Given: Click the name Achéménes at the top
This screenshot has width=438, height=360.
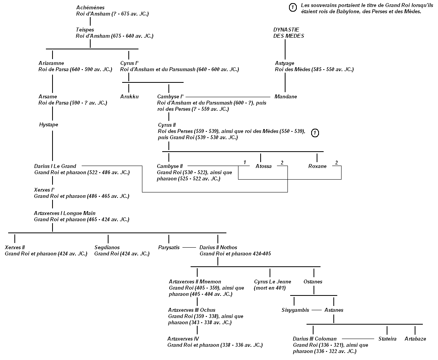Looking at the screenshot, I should click(x=90, y=8).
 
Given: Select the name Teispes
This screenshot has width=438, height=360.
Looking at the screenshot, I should click(x=85, y=30).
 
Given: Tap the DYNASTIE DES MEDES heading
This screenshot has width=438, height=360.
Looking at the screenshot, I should click(x=289, y=33).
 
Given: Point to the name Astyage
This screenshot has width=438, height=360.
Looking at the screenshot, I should click(x=284, y=63).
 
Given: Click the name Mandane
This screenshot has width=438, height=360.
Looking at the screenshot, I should click(x=286, y=96).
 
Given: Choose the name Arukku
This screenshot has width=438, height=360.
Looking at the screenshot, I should click(x=129, y=96).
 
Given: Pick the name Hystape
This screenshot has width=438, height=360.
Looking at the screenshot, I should click(x=49, y=125).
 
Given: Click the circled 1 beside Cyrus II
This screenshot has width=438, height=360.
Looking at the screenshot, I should click(x=315, y=133).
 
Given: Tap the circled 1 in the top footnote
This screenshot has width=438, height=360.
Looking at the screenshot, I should click(x=293, y=7).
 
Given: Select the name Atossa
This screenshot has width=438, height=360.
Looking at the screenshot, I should click(x=263, y=166).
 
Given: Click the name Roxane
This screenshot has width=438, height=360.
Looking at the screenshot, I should click(x=317, y=166).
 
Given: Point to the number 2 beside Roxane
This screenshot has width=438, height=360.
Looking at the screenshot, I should click(x=336, y=162).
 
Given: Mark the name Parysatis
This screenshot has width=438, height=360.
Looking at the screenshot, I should click(x=169, y=247).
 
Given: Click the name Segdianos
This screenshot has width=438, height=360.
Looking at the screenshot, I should click(x=107, y=247).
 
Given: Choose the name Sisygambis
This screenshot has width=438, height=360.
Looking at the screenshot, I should click(x=295, y=310).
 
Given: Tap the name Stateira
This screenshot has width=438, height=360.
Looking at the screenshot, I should click(x=387, y=339).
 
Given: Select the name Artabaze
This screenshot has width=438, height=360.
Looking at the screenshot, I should click(x=415, y=339).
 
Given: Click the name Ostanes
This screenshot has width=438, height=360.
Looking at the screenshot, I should click(x=313, y=281).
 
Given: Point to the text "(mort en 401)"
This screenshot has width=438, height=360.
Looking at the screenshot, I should click(x=269, y=288).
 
